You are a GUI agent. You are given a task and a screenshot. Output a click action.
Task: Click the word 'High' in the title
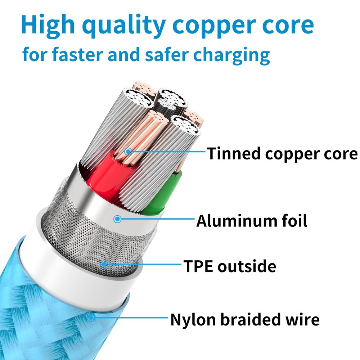tap(48, 25)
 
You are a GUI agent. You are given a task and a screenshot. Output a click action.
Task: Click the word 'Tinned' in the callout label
tap(234, 154)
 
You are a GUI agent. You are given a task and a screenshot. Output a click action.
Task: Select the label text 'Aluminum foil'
tap(252, 220)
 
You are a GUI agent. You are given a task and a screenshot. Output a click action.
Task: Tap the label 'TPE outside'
tap(230, 266)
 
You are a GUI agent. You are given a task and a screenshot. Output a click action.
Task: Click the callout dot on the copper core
tap(128, 152)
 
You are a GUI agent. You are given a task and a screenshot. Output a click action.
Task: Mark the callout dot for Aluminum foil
tap(117, 219)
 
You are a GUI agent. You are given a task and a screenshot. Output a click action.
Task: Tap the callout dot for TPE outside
tap(104, 265)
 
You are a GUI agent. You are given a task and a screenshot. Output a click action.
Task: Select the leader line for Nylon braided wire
tap(130, 318)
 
